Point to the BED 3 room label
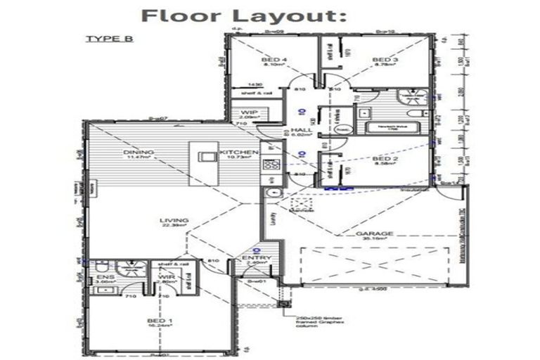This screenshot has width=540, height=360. (x=385, y=60)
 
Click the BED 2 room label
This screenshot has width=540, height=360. (x=385, y=160)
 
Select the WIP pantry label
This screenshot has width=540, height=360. (x=248, y=112)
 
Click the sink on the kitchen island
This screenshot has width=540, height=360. (x=207, y=155)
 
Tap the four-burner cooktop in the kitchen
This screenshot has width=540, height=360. (x=271, y=165)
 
